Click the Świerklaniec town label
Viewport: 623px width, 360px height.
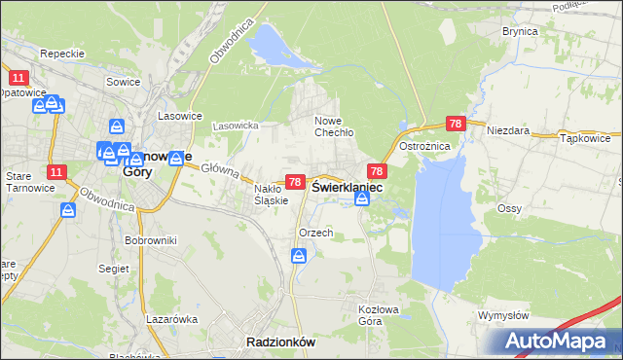point(347,185)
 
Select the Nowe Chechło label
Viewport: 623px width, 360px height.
point(333,126)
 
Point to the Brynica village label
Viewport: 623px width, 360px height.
point(520,31)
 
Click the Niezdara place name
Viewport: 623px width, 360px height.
point(507,130)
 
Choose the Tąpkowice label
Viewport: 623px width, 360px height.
point(585,138)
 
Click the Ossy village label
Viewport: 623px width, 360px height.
point(510,208)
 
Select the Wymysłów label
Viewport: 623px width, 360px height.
point(503,315)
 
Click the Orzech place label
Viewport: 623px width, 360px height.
point(316,233)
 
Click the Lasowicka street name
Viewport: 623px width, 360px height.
point(235,126)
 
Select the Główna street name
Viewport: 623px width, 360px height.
point(221,171)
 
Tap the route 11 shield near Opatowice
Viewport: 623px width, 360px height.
point(17,76)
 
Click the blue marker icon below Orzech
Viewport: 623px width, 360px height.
point(300,256)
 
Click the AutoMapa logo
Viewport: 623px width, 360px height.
point(560,342)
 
